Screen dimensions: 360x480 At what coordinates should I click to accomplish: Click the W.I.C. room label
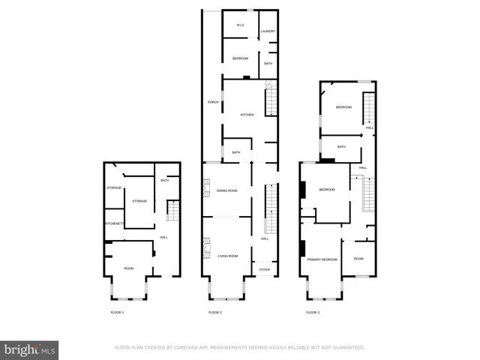(x=241, y=25)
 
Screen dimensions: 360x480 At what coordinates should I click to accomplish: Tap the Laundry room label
(x=268, y=31)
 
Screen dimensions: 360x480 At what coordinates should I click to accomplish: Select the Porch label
(x=212, y=102)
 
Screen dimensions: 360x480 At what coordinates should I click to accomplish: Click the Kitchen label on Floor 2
(x=247, y=115)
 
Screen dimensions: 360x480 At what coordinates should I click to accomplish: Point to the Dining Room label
(x=226, y=190)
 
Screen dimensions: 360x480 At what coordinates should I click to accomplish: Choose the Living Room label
(x=227, y=256)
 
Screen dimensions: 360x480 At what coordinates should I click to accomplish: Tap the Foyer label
(x=264, y=269)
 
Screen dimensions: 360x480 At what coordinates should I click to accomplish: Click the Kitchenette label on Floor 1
(x=114, y=224)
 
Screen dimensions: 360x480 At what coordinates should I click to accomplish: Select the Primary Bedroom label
(x=322, y=259)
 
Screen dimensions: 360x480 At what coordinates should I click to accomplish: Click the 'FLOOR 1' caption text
(x=117, y=312)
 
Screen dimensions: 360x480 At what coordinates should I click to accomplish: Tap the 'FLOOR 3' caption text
(x=313, y=312)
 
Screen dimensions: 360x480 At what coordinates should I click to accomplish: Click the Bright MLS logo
(x=30, y=349)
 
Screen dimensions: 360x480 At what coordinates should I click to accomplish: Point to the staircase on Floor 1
(x=172, y=212)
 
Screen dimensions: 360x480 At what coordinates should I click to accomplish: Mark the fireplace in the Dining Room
(x=204, y=190)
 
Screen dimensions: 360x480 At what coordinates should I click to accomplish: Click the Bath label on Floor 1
(x=165, y=180)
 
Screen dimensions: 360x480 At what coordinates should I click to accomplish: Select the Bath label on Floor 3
(x=341, y=147)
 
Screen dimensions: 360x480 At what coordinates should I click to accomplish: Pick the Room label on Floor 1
(x=129, y=268)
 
